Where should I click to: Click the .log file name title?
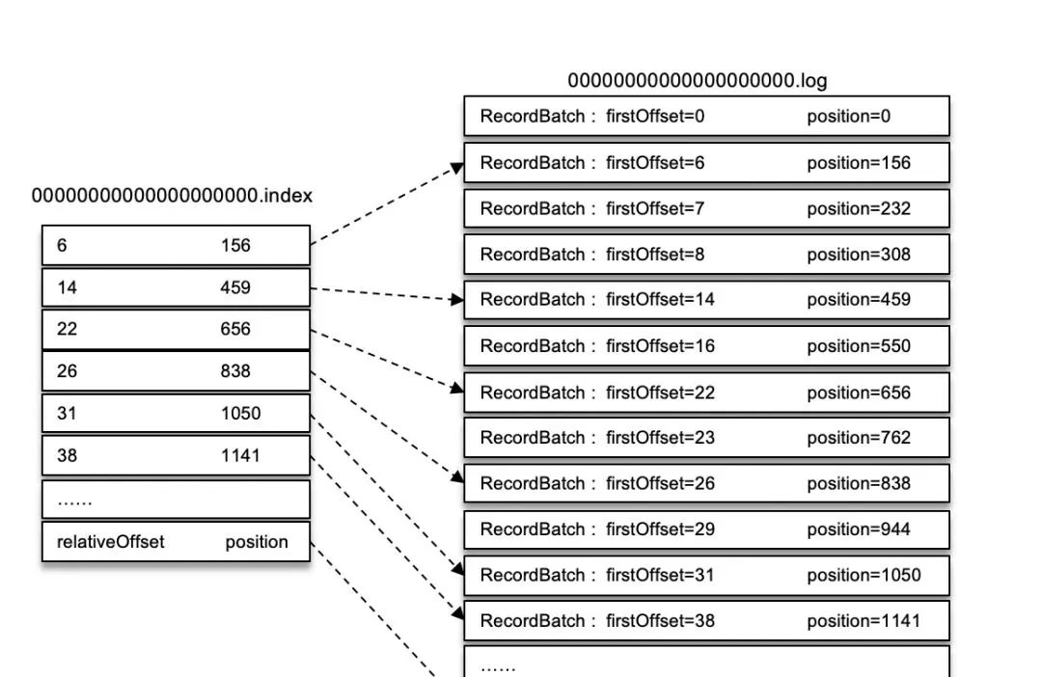coord(697,81)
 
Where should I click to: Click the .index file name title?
coord(172,196)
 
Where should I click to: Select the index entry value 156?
coord(235,245)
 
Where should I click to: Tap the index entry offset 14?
coord(68,287)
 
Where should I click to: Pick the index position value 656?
coord(235,329)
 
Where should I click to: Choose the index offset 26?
coord(68,371)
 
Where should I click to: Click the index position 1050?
coord(240,414)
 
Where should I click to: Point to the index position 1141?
coord(240,455)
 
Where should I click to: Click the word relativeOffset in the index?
coord(110,542)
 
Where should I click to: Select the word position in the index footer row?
coord(257,542)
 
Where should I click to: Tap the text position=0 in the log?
coord(848,117)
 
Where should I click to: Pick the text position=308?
coord(859,255)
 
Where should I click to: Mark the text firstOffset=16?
coord(660,346)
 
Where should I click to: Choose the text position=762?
coord(859,438)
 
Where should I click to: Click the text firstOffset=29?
coord(660,529)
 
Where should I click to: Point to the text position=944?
coord(859,529)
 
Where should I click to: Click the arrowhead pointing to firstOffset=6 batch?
coord(458,168)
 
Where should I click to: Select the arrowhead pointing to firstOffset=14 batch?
coord(457,300)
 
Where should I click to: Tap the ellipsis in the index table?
coord(75,501)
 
